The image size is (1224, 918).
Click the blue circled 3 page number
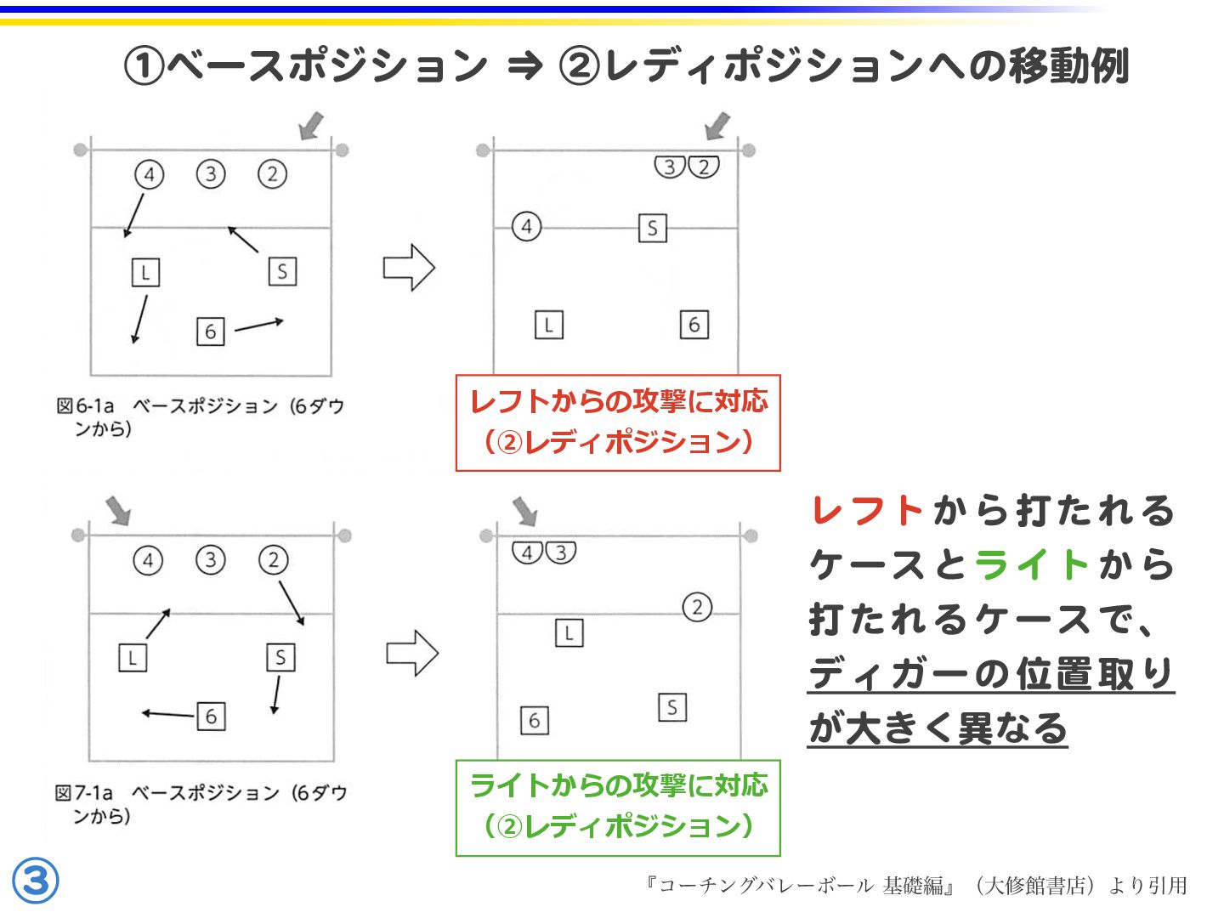(x=36, y=881)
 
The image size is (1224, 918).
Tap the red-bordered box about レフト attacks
(x=618, y=422)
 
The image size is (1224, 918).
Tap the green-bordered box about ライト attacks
(x=618, y=807)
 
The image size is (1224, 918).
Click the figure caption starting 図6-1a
(x=201, y=416)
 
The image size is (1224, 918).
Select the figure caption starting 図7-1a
(x=201, y=803)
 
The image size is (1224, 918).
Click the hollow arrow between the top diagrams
(x=409, y=268)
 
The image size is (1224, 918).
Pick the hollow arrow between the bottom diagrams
(x=412, y=653)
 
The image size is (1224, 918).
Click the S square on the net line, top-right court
(x=652, y=228)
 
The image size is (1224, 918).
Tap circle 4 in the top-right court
(x=526, y=227)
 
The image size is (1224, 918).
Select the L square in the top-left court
(x=145, y=273)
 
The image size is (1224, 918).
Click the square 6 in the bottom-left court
(x=211, y=717)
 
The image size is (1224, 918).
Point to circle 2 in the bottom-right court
(x=697, y=607)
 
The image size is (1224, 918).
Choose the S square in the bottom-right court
(x=672, y=707)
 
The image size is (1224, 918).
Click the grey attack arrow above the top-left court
(x=312, y=126)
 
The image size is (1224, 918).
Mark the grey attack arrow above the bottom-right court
(x=525, y=511)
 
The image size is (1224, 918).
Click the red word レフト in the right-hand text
(x=867, y=511)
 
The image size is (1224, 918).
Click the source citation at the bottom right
(x=915, y=886)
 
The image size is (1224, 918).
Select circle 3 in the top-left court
(x=211, y=174)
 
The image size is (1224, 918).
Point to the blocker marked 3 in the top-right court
(x=670, y=167)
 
